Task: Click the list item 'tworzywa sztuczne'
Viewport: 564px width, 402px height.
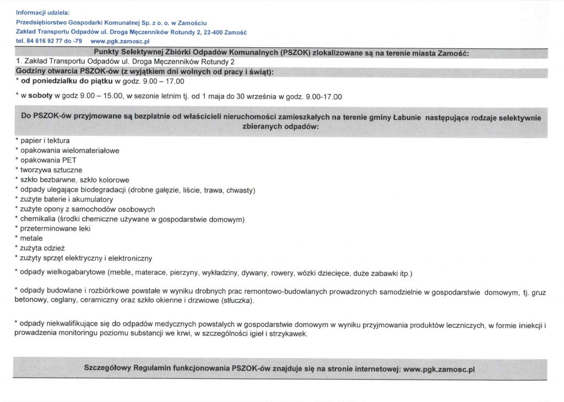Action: point(51,170)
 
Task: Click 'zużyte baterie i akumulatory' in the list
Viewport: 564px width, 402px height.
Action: point(67,199)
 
